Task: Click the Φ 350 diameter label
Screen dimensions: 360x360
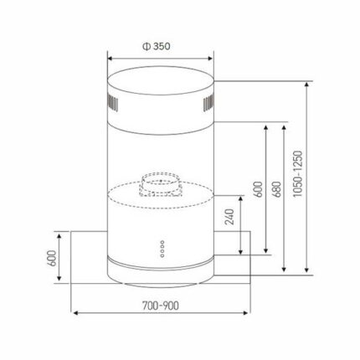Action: (157, 46)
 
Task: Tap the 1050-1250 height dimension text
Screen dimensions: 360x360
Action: (298, 174)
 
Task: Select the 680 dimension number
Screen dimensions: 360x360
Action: (276, 189)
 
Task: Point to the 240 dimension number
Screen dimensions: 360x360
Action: (229, 217)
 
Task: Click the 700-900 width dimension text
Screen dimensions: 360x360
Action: (161, 306)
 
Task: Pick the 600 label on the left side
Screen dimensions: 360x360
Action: (52, 258)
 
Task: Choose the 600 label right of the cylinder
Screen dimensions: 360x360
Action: (258, 189)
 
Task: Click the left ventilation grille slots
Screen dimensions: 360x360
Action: (112, 103)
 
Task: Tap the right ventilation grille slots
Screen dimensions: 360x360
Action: (208, 103)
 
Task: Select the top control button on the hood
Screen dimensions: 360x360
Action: (162, 242)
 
